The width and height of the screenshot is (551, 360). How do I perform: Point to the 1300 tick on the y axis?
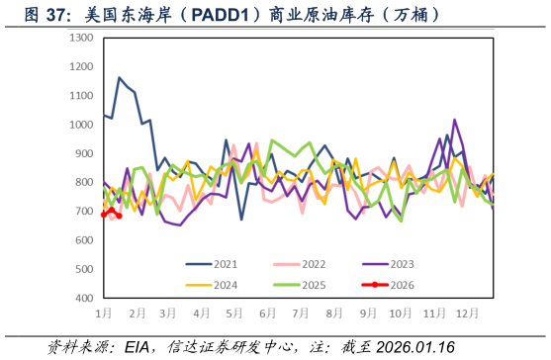pos(82,38)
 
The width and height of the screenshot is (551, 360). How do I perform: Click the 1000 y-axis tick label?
pos(82,125)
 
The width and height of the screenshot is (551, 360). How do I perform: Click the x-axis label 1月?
pos(104,313)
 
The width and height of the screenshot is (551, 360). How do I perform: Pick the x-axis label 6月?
pos(267,313)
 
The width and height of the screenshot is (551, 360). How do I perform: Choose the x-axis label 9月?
pos(367,313)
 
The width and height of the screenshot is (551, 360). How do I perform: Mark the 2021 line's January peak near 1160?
pos(120,78)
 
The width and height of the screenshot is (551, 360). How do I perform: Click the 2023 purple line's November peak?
pos(455,120)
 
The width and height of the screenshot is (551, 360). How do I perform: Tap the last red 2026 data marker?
pos(120,216)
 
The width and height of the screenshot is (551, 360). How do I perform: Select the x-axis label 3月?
pos(168,313)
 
